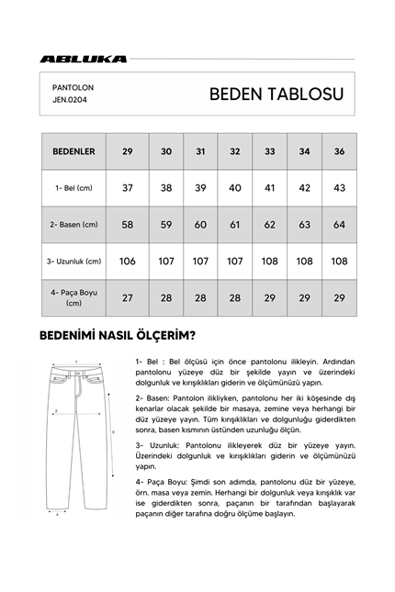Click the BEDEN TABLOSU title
tap(276, 95)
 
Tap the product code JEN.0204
tap(73, 102)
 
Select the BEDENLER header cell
tap(73, 151)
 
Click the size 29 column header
tap(128, 151)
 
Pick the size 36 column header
tap(339, 151)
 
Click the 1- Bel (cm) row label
tap(73, 187)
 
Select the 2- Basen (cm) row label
tap(73, 224)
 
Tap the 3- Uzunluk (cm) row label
tap(73, 261)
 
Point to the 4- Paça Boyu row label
tap(73, 297)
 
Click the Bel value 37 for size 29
tap(128, 187)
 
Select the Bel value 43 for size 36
tap(339, 187)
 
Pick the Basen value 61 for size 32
tap(235, 224)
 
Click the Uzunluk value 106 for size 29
tap(128, 261)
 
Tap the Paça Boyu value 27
tap(128, 297)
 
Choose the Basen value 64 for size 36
tap(339, 224)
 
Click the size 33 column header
tap(270, 151)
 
